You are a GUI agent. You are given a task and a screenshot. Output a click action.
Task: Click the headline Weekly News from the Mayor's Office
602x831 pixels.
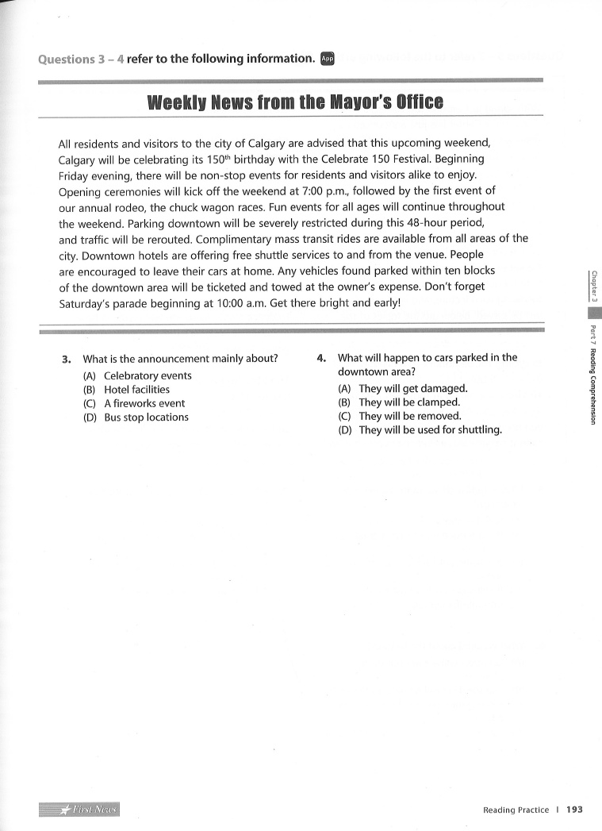(x=296, y=102)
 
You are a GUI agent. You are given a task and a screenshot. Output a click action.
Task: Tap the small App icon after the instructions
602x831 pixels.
(x=328, y=58)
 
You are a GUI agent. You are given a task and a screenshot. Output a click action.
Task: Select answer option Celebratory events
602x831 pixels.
(x=148, y=375)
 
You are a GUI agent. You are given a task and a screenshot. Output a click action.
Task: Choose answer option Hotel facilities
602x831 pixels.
(x=136, y=390)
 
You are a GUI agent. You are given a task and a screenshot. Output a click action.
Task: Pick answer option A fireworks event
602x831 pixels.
(x=144, y=403)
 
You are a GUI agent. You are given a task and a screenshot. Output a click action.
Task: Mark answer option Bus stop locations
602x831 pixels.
(x=146, y=417)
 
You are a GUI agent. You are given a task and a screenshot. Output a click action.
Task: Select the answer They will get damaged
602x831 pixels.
(x=412, y=388)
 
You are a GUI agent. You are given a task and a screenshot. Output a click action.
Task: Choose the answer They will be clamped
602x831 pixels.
(x=408, y=402)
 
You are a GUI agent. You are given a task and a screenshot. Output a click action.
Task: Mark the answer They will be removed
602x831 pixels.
(x=409, y=416)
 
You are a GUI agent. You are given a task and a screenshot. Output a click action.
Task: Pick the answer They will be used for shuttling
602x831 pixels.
(x=430, y=430)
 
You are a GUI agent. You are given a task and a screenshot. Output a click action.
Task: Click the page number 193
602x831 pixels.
(x=575, y=810)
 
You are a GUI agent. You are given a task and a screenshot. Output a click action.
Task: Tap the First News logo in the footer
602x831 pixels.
(x=79, y=809)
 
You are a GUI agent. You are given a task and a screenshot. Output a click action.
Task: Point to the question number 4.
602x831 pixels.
(x=321, y=357)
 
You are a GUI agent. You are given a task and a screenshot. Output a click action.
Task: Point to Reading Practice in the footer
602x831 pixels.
(x=516, y=810)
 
